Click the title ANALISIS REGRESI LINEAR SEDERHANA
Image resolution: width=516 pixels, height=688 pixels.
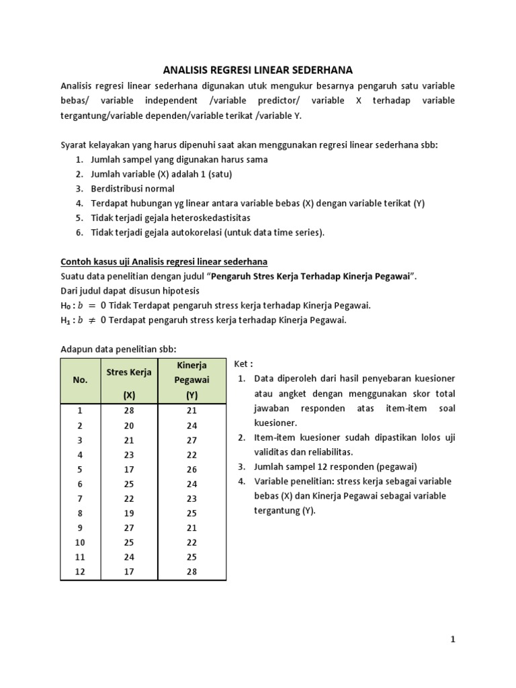pos(258,70)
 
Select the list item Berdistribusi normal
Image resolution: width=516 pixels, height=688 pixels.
pos(132,189)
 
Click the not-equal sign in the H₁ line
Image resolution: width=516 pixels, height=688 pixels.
pos(89,320)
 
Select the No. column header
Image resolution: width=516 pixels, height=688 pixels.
pos(80,380)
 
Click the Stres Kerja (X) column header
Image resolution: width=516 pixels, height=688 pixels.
pos(129,383)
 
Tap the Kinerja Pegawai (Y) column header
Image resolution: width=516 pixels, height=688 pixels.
pos(191,380)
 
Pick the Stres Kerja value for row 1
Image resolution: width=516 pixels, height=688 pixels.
pos(129,411)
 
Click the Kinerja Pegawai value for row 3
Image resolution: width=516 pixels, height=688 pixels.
pos(191,440)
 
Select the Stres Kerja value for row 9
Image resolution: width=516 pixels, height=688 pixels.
pos(129,527)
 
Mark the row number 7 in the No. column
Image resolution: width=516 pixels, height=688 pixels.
pos(80,499)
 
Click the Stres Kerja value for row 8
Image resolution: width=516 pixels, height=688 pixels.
pos(129,513)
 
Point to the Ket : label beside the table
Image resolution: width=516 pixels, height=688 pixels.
pos(243,363)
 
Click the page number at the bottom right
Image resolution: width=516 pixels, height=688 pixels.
pos(453,640)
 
